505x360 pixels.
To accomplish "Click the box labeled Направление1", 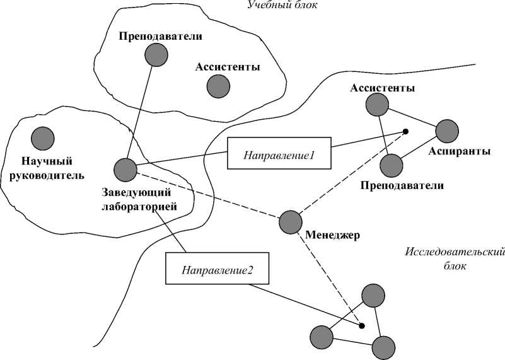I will click(279, 153).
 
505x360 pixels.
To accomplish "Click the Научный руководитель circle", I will click(42, 137).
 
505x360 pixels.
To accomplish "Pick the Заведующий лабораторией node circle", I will click(125, 169).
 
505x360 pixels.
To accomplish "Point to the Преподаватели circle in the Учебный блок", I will click(156, 55).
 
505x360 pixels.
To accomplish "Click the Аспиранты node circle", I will click(447, 131).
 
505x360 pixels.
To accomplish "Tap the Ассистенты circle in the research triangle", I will click(378, 104).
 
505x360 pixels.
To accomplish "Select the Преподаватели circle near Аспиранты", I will click(391, 166).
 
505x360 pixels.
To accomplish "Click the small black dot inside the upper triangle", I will click(405, 132).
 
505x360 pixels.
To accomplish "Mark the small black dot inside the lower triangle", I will click(361, 325).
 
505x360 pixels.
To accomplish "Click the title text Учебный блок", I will click(282, 6).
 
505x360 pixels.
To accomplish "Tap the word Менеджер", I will click(332, 236).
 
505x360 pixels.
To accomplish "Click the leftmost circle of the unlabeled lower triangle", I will click(321, 336).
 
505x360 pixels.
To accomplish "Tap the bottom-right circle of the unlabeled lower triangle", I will click(383, 347).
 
